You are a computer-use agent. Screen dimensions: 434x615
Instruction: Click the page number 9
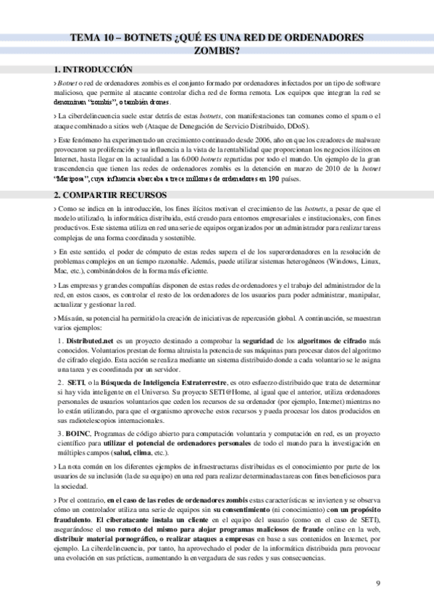[x=378, y=585]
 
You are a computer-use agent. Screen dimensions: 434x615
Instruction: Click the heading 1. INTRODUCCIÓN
[x=93, y=70]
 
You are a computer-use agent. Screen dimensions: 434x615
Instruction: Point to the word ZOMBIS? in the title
[x=217, y=51]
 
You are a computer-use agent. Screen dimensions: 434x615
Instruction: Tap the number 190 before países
[x=273, y=177]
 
